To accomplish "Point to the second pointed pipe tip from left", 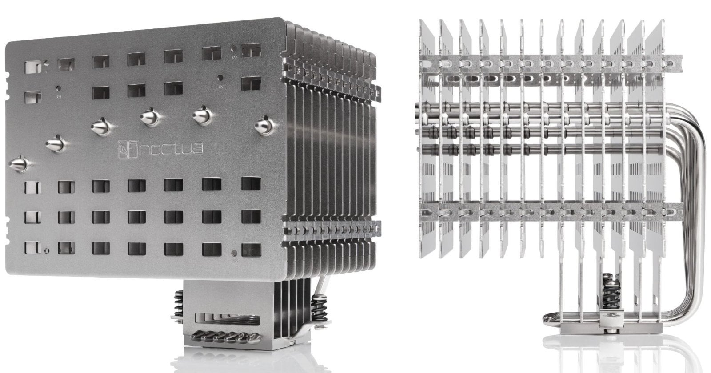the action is [x=56, y=144].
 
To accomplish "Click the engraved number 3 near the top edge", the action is [x=235, y=57].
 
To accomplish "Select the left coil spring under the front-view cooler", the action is [x=179, y=304].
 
